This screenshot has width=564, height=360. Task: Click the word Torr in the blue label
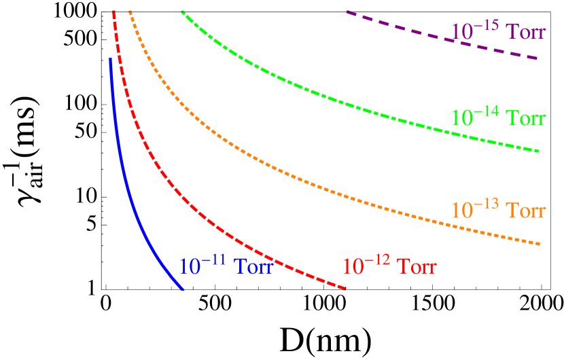pyautogui.click(x=253, y=267)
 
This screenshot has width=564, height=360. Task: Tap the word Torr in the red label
pyautogui.click(x=417, y=267)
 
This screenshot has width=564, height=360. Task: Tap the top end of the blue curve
pyautogui.click(x=110, y=59)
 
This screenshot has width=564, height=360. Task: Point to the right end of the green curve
pyautogui.click(x=539, y=151)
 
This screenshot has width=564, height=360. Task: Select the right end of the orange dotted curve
pyautogui.click(x=539, y=243)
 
